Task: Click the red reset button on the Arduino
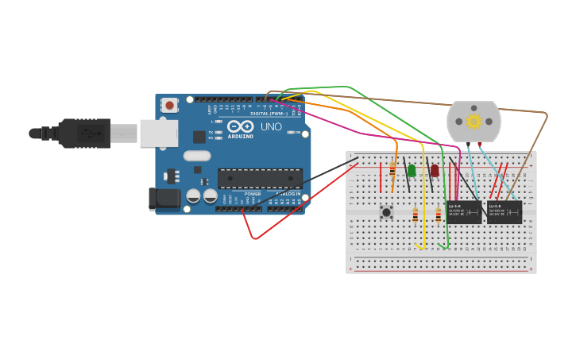169,105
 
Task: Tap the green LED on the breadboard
412,170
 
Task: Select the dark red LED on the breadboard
435,170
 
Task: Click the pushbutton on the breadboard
386,211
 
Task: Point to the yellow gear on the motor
474,121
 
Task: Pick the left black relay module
464,211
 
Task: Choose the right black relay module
504,211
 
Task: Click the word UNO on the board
271,126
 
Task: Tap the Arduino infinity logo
240,126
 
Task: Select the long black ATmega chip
260,178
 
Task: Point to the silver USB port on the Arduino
158,134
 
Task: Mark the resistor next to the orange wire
392,169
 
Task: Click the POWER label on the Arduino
252,193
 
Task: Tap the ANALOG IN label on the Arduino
287,193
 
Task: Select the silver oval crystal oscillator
197,156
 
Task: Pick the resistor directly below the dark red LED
438,215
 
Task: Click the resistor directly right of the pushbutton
415,215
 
